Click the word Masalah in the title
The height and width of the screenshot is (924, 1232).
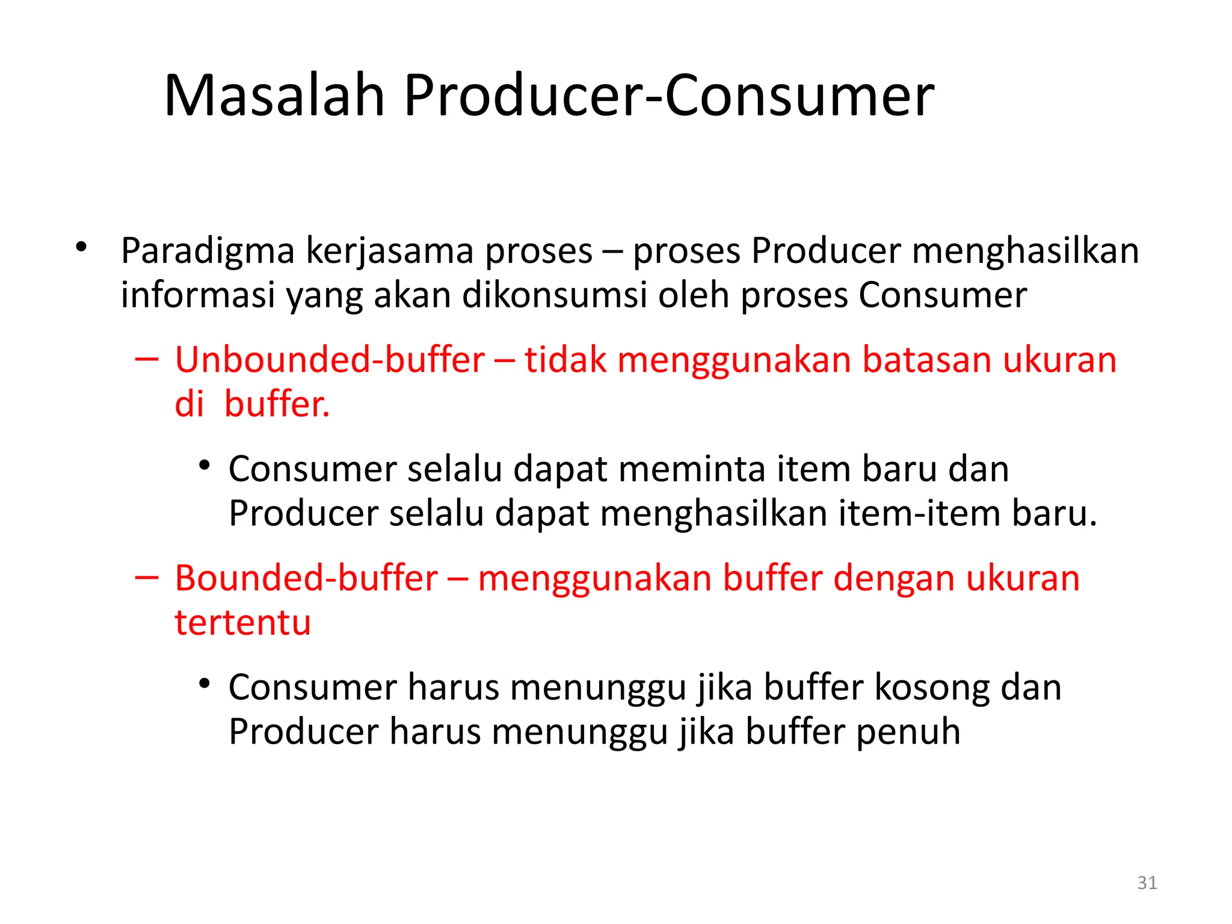pyautogui.click(x=274, y=96)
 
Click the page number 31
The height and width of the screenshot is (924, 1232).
pyautogui.click(x=1147, y=882)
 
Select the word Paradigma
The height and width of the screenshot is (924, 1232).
pyautogui.click(x=208, y=251)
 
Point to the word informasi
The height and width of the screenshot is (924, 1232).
pyautogui.click(x=198, y=295)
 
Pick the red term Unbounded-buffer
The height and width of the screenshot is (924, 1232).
pyautogui.click(x=330, y=360)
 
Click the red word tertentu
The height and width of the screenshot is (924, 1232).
pyautogui.click(x=242, y=623)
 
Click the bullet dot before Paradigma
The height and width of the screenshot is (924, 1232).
pyautogui.click(x=81, y=247)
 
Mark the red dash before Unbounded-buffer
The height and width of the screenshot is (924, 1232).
pyautogui.click(x=147, y=359)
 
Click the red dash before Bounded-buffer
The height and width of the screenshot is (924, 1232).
pyautogui.click(x=147, y=577)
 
